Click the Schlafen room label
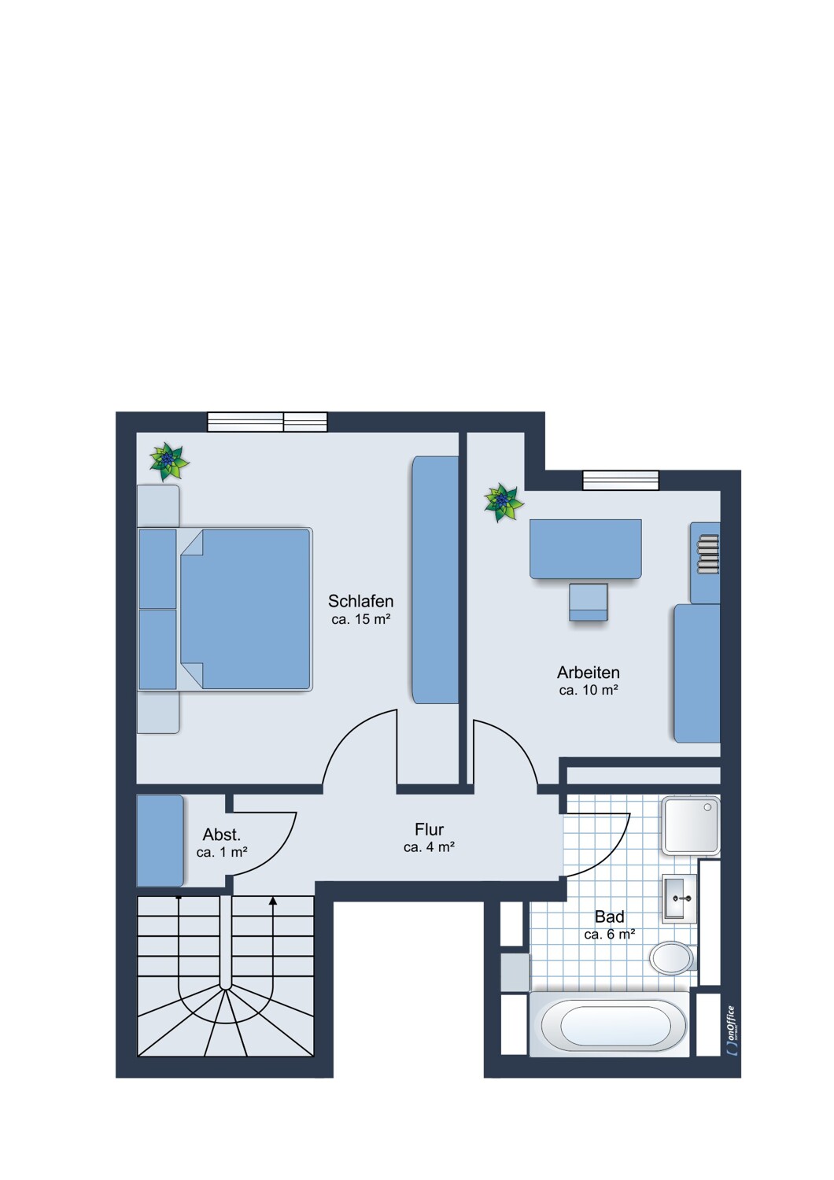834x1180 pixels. (360, 601)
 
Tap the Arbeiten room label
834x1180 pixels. (588, 672)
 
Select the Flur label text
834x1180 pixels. (429, 830)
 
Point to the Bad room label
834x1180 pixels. (609, 916)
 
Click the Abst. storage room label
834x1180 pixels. (221, 835)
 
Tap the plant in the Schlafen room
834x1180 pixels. (168, 462)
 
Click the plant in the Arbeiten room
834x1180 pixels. (504, 503)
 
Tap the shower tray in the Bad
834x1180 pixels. (691, 825)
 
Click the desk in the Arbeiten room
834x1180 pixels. (585, 549)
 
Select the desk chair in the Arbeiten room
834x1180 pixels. (588, 602)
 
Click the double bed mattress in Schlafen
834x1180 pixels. (245, 609)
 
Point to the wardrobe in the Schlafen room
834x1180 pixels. (434, 580)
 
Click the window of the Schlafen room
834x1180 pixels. (267, 422)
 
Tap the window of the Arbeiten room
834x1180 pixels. (621, 481)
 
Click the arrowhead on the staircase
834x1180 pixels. (273, 902)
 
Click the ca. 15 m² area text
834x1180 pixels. (361, 620)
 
